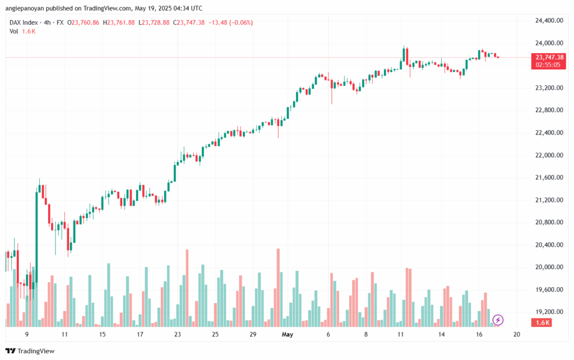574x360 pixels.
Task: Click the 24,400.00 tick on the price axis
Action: (549, 21)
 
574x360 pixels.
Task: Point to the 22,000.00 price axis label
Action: (549, 155)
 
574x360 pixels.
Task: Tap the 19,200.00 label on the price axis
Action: (549, 312)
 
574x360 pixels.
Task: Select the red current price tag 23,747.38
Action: (549, 57)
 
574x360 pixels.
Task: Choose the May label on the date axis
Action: (288, 334)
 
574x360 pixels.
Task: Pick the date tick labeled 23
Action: (178, 334)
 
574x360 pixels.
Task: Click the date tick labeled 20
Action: (517, 334)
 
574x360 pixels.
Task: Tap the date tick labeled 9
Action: (27, 334)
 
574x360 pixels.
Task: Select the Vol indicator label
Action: (14, 31)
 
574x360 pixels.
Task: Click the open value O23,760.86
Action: (83, 22)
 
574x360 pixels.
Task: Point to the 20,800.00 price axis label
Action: (549, 223)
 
